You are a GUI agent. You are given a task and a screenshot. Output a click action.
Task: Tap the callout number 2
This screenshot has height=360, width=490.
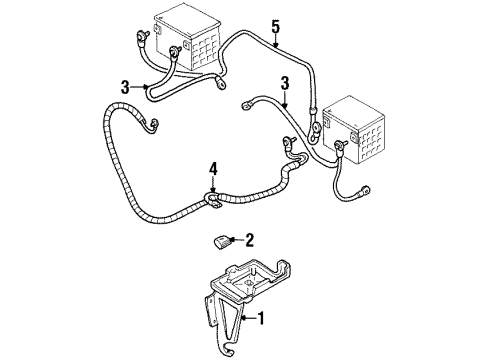(251, 239)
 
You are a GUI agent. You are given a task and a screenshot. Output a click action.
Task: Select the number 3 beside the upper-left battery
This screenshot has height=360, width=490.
(126, 88)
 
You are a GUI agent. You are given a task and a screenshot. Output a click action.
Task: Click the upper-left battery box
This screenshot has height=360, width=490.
(179, 40)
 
